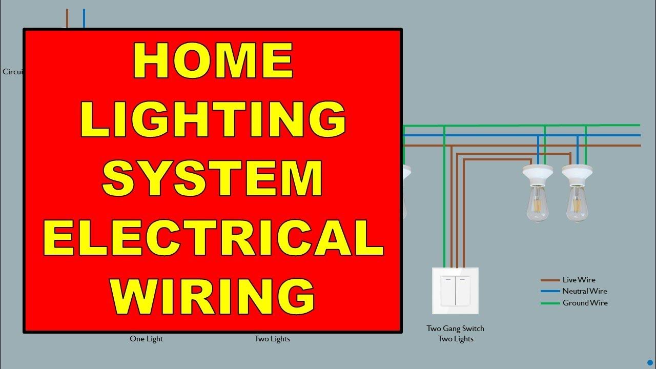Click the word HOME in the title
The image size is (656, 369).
(x=213, y=60)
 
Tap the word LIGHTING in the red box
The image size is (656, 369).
(x=213, y=119)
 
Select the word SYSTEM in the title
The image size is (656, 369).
(x=213, y=178)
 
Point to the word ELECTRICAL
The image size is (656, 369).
(x=213, y=237)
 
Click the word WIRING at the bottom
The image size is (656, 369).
(x=213, y=296)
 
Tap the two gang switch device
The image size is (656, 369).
(x=455, y=291)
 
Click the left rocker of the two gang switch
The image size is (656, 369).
(x=448, y=291)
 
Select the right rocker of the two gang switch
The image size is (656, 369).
(x=462, y=291)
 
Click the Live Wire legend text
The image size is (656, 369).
(x=579, y=280)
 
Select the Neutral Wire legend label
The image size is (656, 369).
(x=584, y=291)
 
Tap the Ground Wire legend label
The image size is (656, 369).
(x=585, y=303)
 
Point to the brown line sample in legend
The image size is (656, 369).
(x=549, y=280)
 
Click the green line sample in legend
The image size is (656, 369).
(x=549, y=303)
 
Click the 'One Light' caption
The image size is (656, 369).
(x=146, y=339)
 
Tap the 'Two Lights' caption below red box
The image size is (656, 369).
(x=272, y=339)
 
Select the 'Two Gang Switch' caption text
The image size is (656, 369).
(x=455, y=329)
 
